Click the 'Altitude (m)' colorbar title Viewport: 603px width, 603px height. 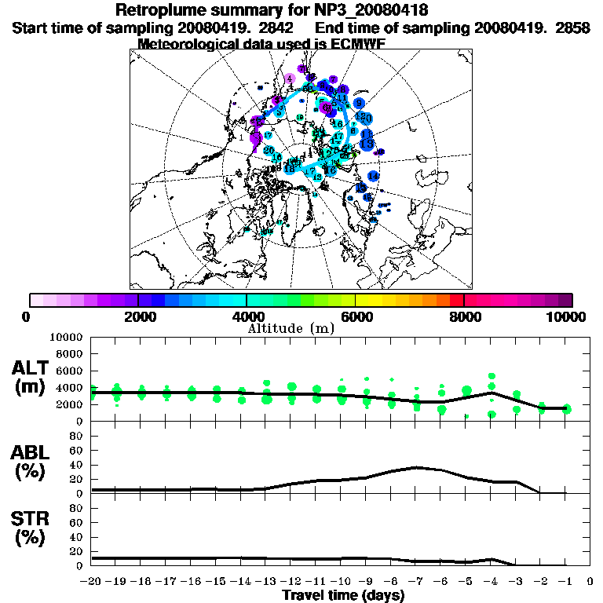(x=291, y=327)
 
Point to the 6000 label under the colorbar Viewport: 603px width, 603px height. (x=355, y=316)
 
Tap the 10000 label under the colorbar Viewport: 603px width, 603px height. (x=566, y=316)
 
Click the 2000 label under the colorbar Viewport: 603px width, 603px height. (x=137, y=316)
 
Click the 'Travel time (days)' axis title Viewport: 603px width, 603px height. (x=343, y=596)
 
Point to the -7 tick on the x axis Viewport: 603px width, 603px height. (x=416, y=582)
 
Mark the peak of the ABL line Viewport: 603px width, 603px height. (x=416, y=467)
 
